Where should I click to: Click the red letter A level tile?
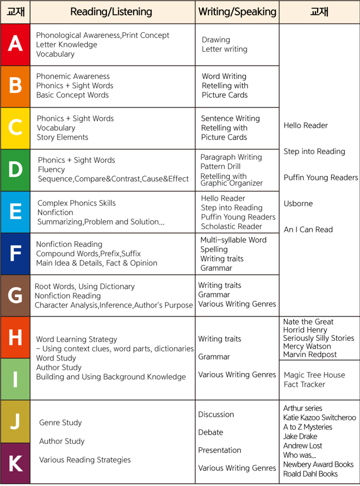click(15, 44)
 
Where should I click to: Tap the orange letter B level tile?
click(15, 86)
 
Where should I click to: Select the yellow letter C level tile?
click(15, 128)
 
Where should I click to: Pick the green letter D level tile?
click(15, 170)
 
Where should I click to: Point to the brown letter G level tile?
click(15, 295)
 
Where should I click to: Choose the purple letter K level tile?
click(15, 463)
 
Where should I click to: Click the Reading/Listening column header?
click(111, 12)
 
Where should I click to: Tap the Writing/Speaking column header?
click(237, 12)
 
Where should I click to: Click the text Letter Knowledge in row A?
click(66, 44)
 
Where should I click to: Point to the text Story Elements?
click(62, 137)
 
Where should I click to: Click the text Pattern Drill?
click(220, 166)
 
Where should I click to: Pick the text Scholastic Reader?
click(231, 226)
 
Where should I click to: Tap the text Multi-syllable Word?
click(233, 240)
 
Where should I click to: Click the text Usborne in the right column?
click(298, 204)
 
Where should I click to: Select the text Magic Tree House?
click(314, 375)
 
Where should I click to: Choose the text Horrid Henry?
click(305, 330)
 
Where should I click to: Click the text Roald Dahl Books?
click(310, 474)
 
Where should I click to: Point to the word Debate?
click(210, 432)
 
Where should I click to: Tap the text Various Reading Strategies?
click(85, 460)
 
